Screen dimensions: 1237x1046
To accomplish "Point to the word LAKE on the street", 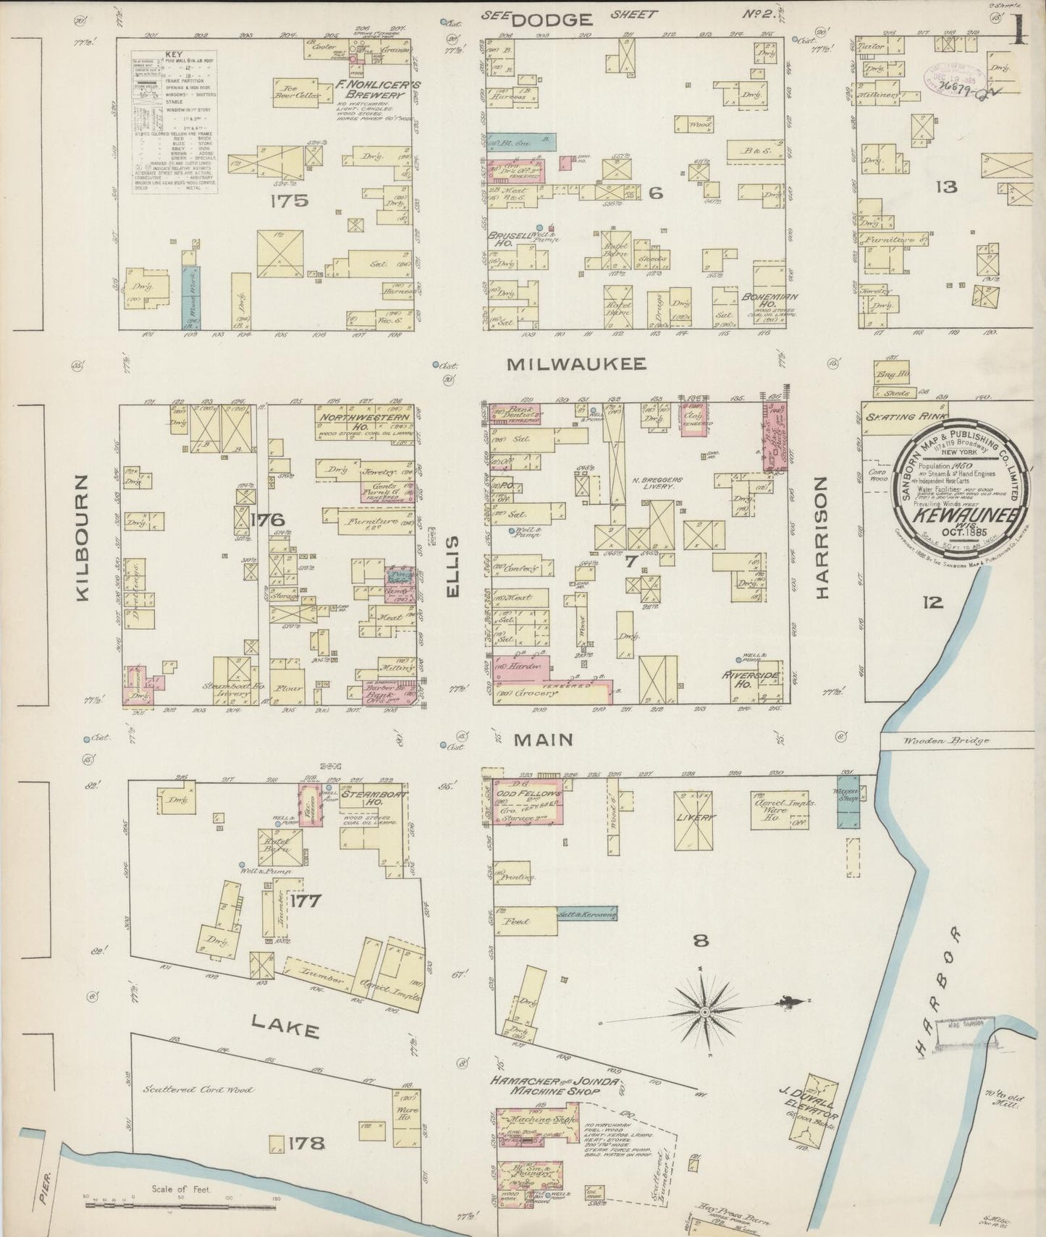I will [x=285, y=1026].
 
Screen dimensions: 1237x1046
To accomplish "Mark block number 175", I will [x=290, y=200].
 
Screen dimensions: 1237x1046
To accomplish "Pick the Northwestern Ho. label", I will [x=363, y=422].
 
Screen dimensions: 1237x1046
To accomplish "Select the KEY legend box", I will [x=174, y=122].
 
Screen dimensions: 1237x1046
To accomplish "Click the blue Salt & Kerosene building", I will [x=586, y=914].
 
